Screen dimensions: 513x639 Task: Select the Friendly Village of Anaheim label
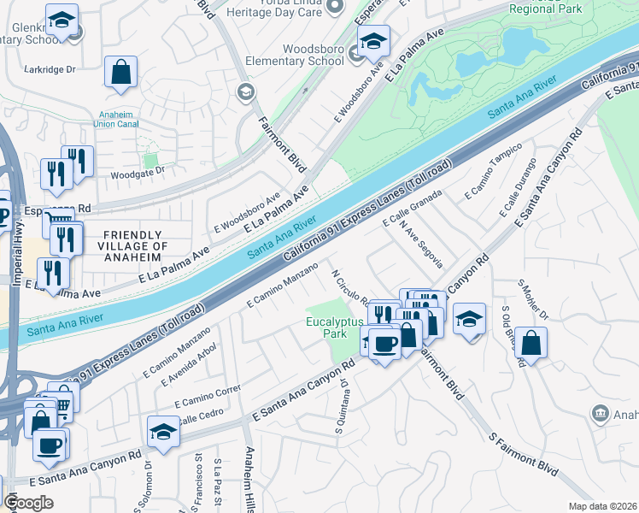(132, 241)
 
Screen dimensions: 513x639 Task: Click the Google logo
(29, 503)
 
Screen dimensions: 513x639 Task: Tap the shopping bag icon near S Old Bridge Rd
(531, 344)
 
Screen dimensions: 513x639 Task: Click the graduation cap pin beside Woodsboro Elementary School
(372, 41)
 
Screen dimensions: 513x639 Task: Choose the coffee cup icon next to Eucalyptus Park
(384, 344)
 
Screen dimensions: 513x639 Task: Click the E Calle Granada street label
(413, 209)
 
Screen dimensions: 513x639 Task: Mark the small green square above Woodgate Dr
(151, 159)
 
